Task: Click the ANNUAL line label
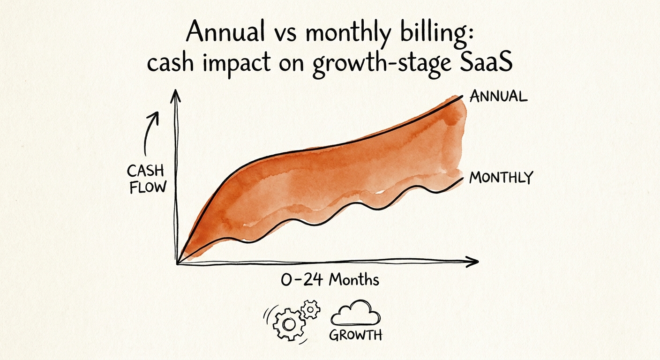[498, 97]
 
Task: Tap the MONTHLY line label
[501, 178]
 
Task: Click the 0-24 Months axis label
[330, 281]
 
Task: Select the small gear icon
[310, 309]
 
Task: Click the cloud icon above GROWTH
[355, 314]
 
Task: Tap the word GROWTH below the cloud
[355, 335]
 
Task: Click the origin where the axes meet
[178, 263]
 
